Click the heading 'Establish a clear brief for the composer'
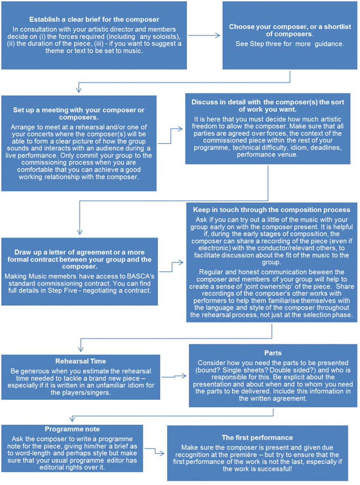tap(94, 19)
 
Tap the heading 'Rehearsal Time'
tap(80, 361)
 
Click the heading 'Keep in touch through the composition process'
tap(271, 210)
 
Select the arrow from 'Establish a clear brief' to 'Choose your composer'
tap(204, 36)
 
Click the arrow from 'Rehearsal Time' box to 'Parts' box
tap(174, 376)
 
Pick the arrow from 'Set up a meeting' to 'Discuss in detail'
tap(171, 136)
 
